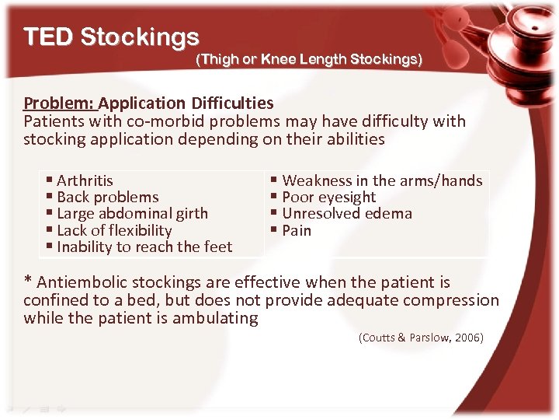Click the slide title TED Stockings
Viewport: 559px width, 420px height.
tap(111, 37)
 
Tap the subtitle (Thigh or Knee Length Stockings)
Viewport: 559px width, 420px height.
tap(309, 60)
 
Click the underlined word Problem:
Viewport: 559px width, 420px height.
tap(59, 103)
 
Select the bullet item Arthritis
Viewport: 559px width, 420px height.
tap(85, 180)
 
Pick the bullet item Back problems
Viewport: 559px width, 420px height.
tap(107, 198)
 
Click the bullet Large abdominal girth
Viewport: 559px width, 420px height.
tap(132, 214)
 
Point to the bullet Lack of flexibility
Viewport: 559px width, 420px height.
tap(114, 231)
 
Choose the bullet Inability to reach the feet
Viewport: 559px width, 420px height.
tap(144, 247)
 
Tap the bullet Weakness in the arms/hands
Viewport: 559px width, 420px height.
tap(382, 180)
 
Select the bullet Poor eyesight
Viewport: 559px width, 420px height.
tap(328, 198)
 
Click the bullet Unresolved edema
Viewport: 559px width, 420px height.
tap(347, 214)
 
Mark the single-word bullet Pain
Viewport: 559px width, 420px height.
tap(297, 231)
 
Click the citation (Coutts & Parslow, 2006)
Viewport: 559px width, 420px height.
tap(421, 338)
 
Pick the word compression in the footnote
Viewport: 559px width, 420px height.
tap(456, 300)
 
